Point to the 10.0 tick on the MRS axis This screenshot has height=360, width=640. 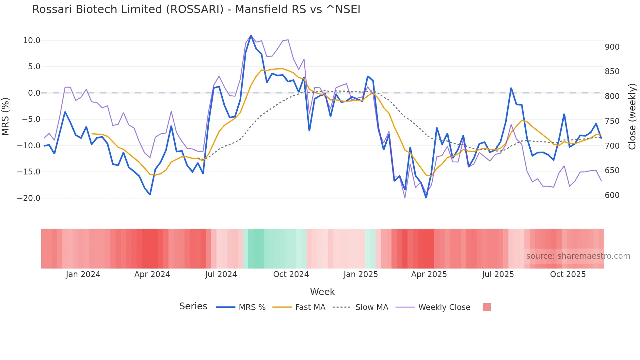[x=32, y=41]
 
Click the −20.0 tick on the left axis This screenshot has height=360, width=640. [x=29, y=198]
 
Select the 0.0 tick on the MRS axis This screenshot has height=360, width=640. [x=34, y=93]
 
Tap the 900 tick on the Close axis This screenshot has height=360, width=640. [x=612, y=47]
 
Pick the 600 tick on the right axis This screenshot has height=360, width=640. [x=612, y=195]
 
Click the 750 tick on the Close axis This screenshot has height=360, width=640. [x=612, y=121]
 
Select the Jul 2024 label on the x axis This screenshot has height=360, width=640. [x=221, y=274]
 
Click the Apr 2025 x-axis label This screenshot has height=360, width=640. [x=429, y=274]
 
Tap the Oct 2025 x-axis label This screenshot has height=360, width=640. [x=568, y=274]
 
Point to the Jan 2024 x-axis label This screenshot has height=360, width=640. [x=83, y=274]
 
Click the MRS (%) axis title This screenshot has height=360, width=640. [x=6, y=117]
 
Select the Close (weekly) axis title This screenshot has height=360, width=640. [x=632, y=117]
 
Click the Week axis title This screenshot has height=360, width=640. [x=322, y=292]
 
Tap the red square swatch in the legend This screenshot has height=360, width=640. [x=487, y=307]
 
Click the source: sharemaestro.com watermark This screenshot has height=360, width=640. [x=578, y=256]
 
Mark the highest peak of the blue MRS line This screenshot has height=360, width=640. [x=251, y=35]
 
